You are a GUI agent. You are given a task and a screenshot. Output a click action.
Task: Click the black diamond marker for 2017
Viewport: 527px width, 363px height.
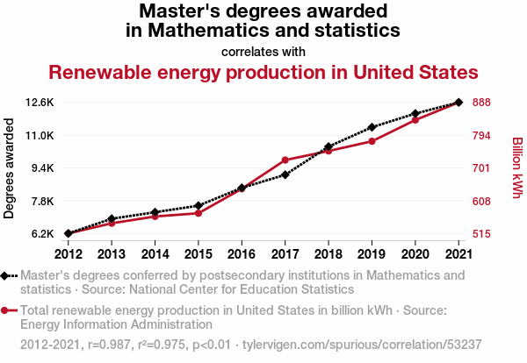pos(285,174)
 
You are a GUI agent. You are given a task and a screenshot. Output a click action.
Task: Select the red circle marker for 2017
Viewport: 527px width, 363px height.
pos(285,160)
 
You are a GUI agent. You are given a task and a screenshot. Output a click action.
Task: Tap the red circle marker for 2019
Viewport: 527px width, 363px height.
pos(372,141)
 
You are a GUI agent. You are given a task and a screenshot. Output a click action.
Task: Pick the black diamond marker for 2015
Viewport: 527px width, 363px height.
pos(199,205)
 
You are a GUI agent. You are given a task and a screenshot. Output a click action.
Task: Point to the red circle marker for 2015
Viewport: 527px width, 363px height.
pos(199,213)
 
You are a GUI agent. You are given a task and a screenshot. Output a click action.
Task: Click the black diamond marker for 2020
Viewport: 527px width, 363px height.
pos(415,114)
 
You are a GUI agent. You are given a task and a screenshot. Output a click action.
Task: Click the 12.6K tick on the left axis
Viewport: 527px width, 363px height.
pos(40,103)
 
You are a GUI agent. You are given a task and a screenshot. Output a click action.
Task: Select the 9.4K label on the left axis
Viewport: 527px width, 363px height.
pos(42,167)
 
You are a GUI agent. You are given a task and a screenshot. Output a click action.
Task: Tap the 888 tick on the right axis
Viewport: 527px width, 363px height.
pos(481,103)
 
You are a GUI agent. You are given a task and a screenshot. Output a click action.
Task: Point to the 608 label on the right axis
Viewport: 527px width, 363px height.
pos(481,202)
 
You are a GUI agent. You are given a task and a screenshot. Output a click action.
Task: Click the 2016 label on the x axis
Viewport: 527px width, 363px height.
pos(242,254)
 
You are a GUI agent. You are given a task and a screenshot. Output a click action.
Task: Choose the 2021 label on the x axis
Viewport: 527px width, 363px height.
pos(458,254)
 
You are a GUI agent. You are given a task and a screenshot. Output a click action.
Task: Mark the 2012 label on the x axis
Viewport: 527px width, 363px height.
pos(69,254)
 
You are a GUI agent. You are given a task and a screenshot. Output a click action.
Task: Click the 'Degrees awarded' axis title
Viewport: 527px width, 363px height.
pos(9,168)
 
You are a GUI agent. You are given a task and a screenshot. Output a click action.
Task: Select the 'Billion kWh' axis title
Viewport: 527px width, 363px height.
pos(517,167)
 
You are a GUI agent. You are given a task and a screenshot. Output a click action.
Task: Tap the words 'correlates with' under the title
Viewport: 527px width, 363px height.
pos(263,52)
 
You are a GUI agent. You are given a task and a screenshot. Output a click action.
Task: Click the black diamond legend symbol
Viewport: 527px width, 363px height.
pos(4,276)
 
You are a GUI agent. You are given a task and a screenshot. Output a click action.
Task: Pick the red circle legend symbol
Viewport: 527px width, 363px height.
pos(4,310)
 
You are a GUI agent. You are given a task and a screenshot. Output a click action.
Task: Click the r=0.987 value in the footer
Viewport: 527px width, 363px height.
pos(109,345)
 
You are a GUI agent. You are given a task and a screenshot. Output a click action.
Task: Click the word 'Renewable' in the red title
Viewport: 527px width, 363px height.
pos(100,73)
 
